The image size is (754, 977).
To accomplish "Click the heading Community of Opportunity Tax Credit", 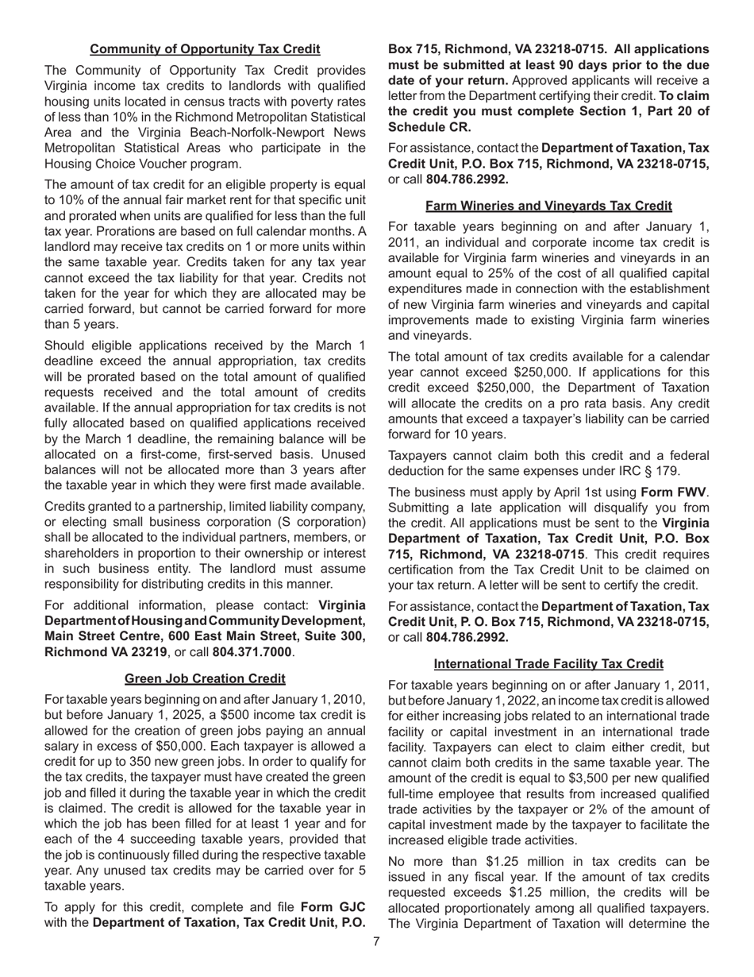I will (x=205, y=49).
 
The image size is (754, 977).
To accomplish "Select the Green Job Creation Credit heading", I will (x=205, y=678).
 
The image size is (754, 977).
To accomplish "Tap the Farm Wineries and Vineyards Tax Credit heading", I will (x=548, y=206).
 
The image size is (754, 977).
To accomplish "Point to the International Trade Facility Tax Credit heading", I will (x=548, y=663).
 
